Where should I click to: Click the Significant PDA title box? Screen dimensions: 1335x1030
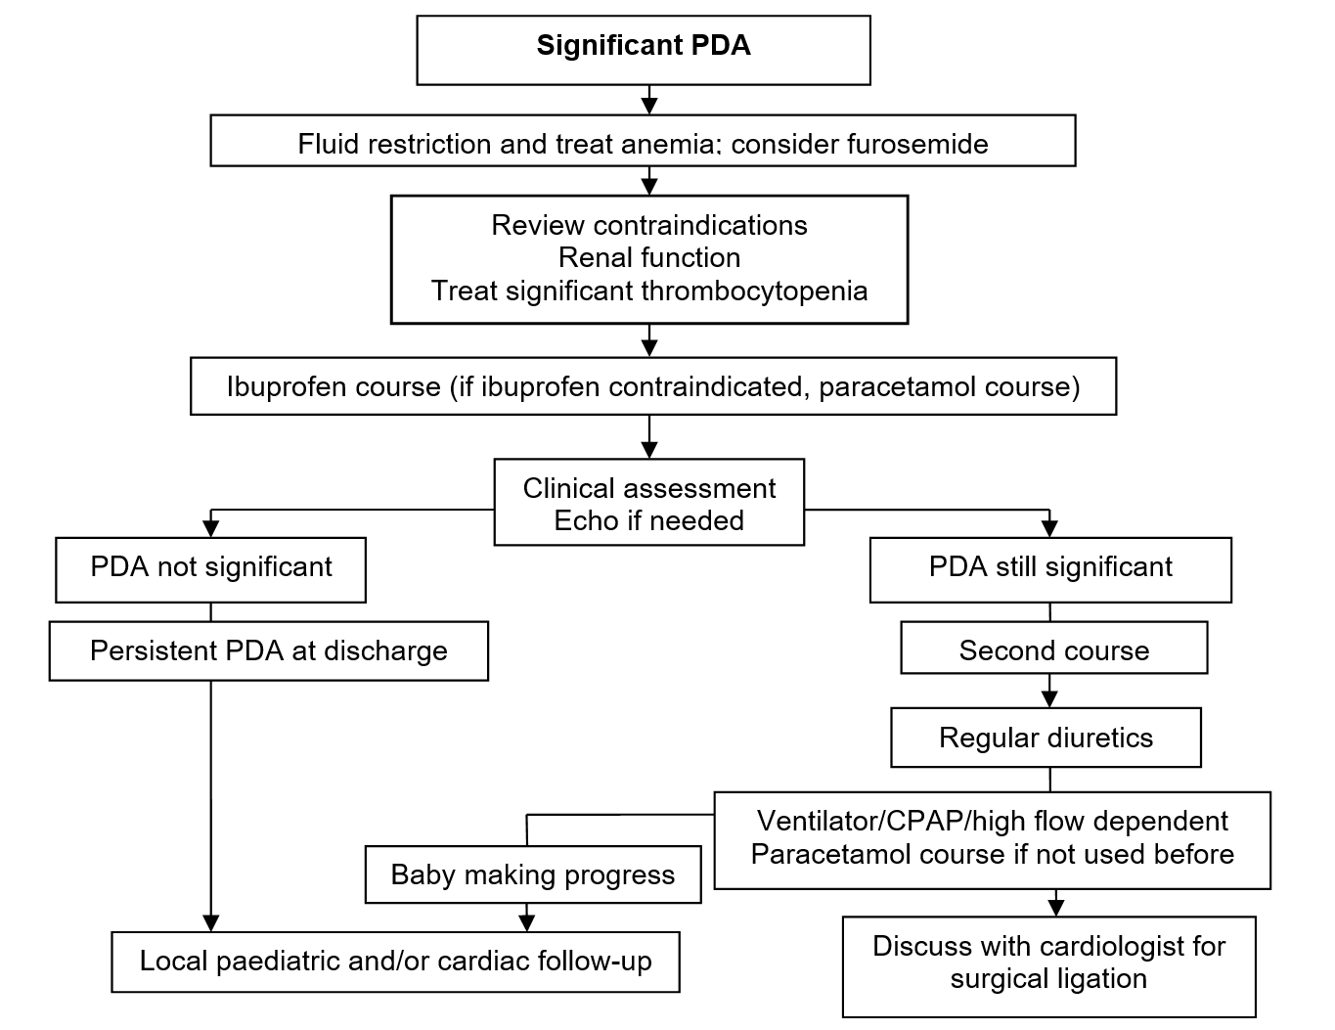(644, 50)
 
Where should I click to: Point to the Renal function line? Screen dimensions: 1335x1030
(649, 258)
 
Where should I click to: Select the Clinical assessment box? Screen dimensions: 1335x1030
(649, 502)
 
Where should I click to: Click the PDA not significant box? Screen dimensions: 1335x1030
(210, 570)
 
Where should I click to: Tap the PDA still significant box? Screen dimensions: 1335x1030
(1050, 570)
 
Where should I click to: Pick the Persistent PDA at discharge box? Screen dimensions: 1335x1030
(269, 651)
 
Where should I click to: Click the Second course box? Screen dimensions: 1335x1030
(1054, 648)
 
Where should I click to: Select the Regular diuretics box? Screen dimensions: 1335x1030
(1046, 737)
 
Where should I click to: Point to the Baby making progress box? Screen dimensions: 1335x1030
(533, 874)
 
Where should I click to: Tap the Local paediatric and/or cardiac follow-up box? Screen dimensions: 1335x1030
(396, 962)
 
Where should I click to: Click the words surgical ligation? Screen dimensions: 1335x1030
(1048, 979)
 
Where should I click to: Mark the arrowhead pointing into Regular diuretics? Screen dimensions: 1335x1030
(1049, 699)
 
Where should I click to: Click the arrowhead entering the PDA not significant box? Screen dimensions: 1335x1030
(210, 529)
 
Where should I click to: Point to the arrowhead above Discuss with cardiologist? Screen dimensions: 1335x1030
(1055, 908)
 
